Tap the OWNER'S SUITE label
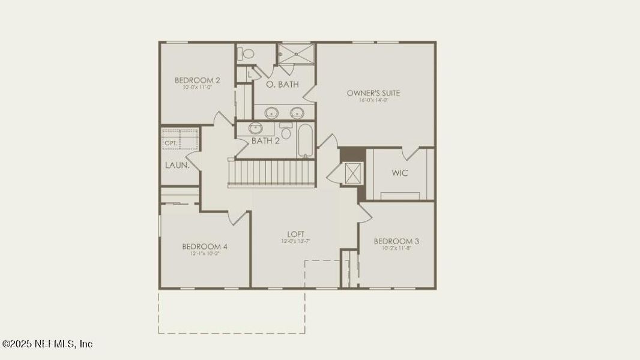[373, 93]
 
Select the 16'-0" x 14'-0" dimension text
[373, 100]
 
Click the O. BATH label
[282, 85]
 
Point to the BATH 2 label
[265, 141]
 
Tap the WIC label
[400, 173]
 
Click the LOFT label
[295, 234]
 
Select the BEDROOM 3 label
[396, 241]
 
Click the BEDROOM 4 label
[205, 246]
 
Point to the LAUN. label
[177, 165]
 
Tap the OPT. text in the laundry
[171, 143]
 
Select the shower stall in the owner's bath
[295, 54]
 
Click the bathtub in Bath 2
[305, 140]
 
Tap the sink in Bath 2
[256, 128]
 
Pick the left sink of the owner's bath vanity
[273, 112]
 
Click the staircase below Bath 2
[271, 173]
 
